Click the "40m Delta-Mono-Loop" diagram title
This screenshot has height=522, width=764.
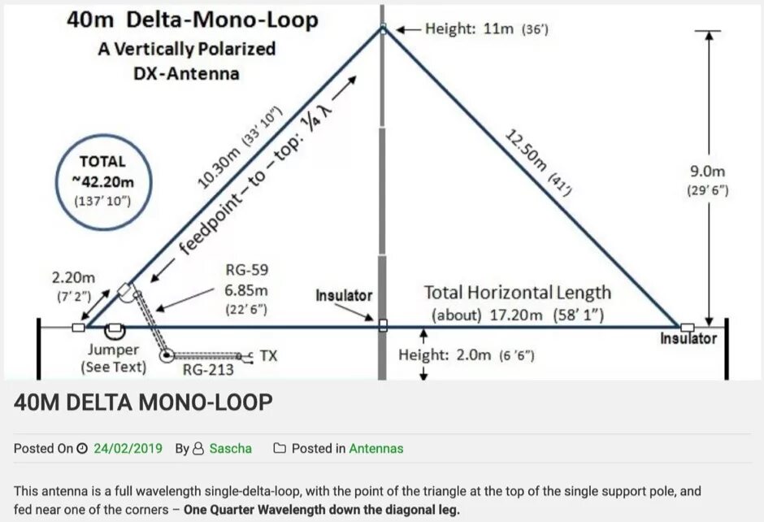pos(192,20)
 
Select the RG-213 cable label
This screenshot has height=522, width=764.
pos(209,370)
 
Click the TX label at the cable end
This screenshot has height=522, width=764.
pos(268,356)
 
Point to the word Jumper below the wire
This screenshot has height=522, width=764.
pos(114,350)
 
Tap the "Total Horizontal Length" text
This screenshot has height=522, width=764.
pos(518,293)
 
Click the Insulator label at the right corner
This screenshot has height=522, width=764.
pos(688,338)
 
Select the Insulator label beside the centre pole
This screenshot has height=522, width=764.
pos(344,295)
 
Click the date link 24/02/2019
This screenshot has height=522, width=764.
pos(128,448)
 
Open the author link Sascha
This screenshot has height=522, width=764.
pos(231,448)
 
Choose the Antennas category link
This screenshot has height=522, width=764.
pos(376,448)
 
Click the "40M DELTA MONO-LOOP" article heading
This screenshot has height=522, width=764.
pos(143,402)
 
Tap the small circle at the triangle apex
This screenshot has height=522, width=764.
pos(383,29)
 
